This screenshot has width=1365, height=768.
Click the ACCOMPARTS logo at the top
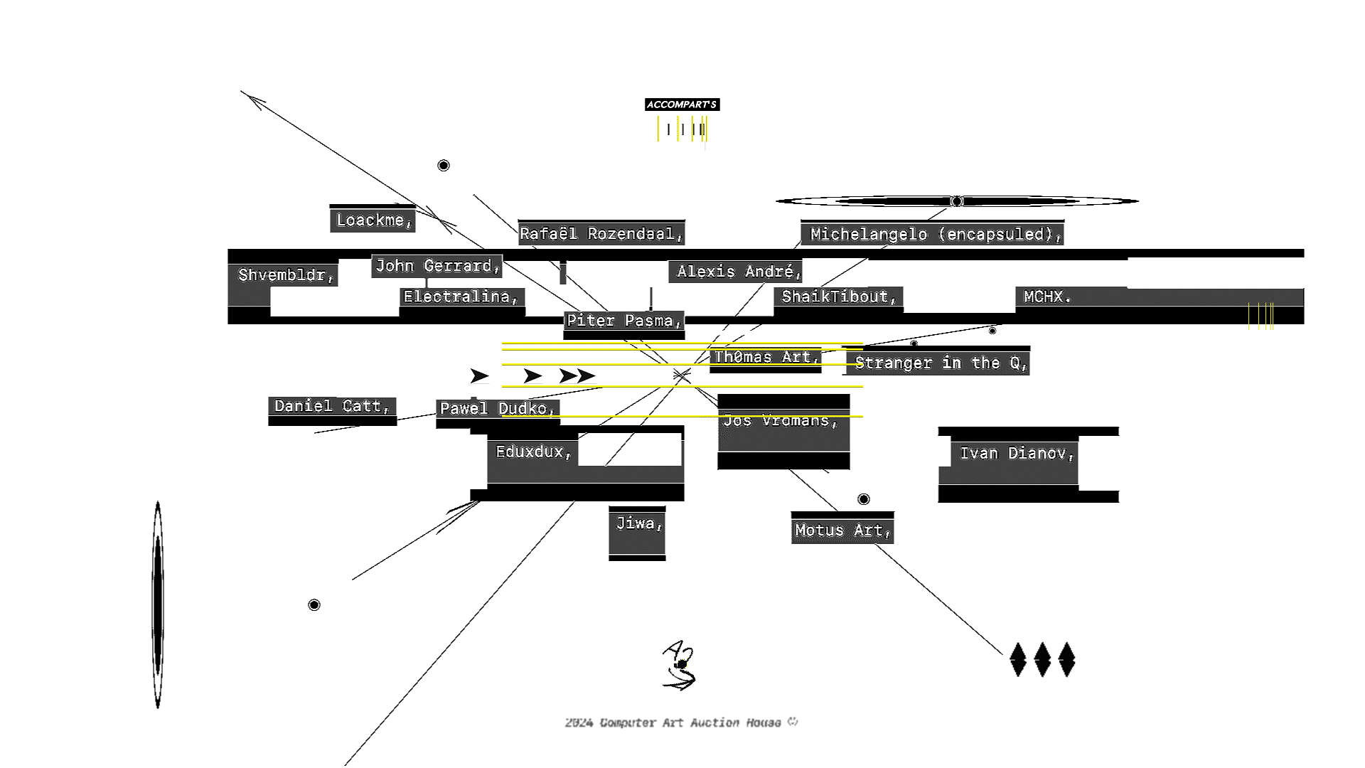682,105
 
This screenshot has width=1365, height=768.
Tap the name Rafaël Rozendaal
601,234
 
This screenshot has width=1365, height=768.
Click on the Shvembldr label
286,275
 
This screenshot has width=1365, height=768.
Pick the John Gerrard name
437,266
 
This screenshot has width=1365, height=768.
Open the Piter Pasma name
623,321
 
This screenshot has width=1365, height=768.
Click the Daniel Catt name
332,406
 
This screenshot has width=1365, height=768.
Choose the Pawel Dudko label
497,409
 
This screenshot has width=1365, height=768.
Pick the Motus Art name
842,530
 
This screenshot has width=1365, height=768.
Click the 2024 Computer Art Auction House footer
681,722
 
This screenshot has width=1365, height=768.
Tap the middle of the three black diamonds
1042,660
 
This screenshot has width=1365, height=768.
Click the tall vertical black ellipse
158,604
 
